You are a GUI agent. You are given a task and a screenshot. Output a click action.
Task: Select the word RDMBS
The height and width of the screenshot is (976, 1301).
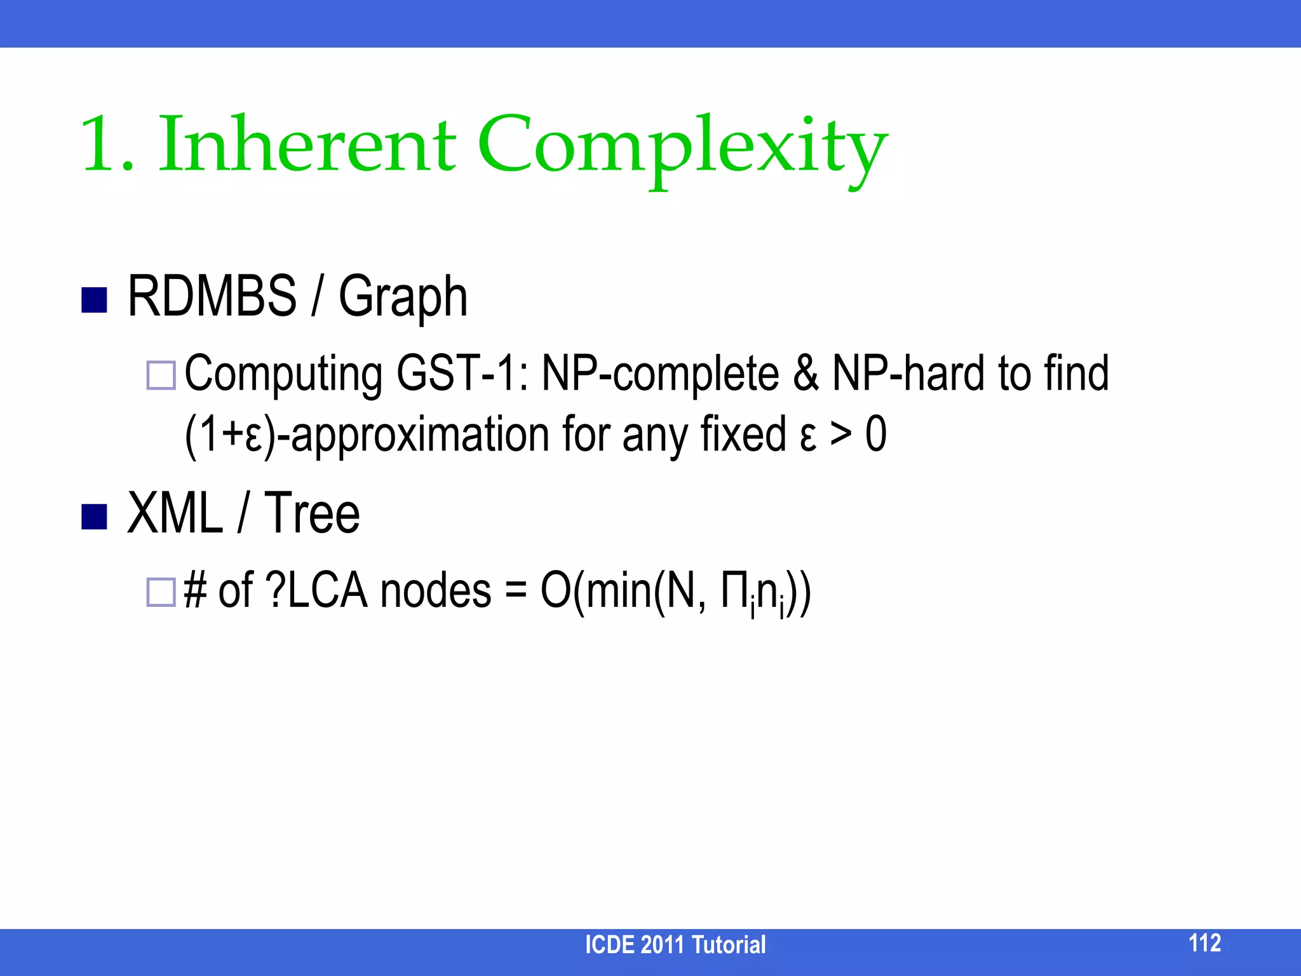pos(212,296)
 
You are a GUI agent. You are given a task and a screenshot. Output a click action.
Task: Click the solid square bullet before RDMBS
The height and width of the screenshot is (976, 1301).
pos(94,301)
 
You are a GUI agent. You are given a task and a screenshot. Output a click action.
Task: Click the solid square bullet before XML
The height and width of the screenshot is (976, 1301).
pos(94,517)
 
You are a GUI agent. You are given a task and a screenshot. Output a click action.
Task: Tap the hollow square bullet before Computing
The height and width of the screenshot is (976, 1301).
pos(161,375)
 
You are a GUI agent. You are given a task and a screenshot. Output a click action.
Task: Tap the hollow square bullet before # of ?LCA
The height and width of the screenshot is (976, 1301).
pos(161,592)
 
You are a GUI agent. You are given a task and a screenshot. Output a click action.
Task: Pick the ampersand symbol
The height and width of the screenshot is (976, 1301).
pos(805,374)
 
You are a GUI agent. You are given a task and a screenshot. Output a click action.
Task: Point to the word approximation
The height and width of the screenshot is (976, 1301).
pos(420,436)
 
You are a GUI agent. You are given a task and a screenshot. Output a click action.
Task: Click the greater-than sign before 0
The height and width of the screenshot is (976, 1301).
pos(840,435)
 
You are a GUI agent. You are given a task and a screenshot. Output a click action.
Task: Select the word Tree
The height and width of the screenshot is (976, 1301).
pos(312,513)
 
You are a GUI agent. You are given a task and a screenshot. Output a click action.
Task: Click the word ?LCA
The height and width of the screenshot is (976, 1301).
pos(316,591)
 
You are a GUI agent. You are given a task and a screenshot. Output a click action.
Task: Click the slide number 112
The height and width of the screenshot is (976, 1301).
pos(1204,943)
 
